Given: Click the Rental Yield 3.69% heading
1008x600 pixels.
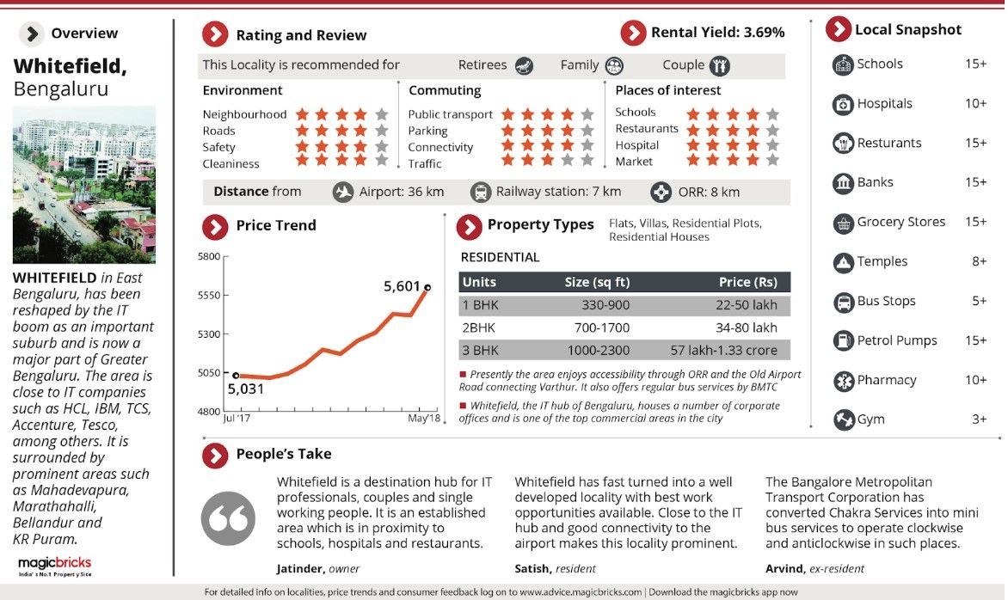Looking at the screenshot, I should pyautogui.click(x=717, y=33).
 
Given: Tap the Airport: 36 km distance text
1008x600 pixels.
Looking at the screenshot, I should pyautogui.click(x=401, y=192).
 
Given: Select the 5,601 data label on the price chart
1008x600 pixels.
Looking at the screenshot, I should pyautogui.click(x=403, y=285).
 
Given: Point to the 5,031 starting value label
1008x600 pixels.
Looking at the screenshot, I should pyautogui.click(x=246, y=389).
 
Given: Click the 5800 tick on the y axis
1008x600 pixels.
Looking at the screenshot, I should pyautogui.click(x=209, y=256).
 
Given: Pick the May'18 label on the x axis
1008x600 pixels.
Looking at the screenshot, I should pyautogui.click(x=423, y=419).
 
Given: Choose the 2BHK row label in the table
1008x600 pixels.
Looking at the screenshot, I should pyautogui.click(x=480, y=328).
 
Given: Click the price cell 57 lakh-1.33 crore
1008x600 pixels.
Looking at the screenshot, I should pyautogui.click(x=723, y=350).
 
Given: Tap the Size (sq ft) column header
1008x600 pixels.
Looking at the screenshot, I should pyautogui.click(x=597, y=282).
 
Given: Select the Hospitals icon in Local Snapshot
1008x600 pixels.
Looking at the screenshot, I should pyautogui.click(x=843, y=104).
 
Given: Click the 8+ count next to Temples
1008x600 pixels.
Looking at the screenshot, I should pyautogui.click(x=979, y=261).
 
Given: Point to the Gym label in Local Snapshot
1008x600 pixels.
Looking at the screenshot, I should pyautogui.click(x=870, y=419).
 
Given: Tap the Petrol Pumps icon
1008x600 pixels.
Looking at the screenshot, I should pyautogui.click(x=843, y=341).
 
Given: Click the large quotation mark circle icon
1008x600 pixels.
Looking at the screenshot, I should pyautogui.click(x=228, y=518).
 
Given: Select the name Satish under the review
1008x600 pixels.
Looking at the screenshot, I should pyautogui.click(x=532, y=568).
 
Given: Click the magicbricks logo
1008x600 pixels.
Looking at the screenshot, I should pyautogui.click(x=55, y=564).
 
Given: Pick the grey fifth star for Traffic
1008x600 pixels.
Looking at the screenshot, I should pyautogui.click(x=587, y=161).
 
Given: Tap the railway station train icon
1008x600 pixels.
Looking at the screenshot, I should pyautogui.click(x=480, y=193).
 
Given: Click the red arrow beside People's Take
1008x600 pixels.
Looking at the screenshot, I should pyautogui.click(x=214, y=455).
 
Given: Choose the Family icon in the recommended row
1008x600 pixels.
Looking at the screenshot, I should pyautogui.click(x=613, y=65).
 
